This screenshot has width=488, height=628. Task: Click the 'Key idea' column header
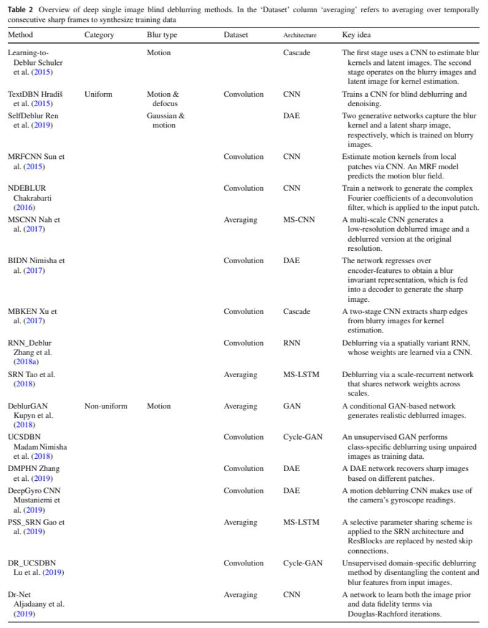[x=356, y=35]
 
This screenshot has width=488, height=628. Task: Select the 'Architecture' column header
[x=300, y=36]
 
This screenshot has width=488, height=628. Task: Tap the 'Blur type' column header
[x=162, y=35]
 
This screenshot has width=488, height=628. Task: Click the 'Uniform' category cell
[x=99, y=94]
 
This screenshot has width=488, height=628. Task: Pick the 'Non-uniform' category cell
[x=106, y=407]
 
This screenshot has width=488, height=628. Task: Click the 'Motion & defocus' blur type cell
[x=162, y=99]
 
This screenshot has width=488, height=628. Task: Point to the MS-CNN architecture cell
[x=299, y=220]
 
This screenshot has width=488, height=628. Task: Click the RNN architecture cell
[x=292, y=343]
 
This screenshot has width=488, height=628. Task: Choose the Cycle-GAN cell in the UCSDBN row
[x=302, y=437]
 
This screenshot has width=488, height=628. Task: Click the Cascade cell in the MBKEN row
[x=297, y=312]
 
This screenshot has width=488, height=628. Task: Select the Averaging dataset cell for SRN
[x=240, y=375]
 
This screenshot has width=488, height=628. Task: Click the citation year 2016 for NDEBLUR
[x=25, y=207]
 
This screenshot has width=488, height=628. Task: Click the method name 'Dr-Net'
[x=19, y=595]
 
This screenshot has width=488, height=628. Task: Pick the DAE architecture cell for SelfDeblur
[x=291, y=116]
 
